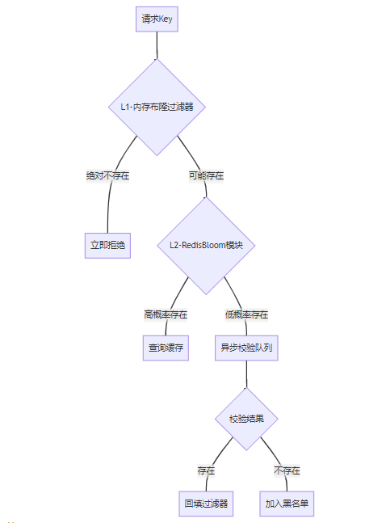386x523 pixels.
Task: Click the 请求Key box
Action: (157, 19)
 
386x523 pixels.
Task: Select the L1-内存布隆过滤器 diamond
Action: (157, 107)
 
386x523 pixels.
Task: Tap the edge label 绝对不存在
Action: (107, 175)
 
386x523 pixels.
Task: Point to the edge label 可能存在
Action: (206, 175)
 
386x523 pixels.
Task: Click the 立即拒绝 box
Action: (107, 246)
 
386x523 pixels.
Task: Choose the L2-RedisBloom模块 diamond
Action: (206, 246)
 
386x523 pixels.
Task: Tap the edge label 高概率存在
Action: (166, 314)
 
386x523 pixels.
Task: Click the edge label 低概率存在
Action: (246, 314)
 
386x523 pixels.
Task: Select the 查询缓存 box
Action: (166, 348)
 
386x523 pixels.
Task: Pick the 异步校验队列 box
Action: (246, 348)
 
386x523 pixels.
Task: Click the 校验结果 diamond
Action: (246, 419)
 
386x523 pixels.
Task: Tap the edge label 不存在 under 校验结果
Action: (287, 470)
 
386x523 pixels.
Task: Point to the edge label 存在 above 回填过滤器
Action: (206, 470)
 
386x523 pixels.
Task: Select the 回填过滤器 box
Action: (206, 504)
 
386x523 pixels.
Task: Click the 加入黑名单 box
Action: (287, 504)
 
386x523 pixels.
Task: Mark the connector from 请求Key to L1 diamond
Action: (157, 45)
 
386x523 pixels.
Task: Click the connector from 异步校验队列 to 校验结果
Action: (246, 374)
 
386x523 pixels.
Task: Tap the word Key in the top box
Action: (166, 19)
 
